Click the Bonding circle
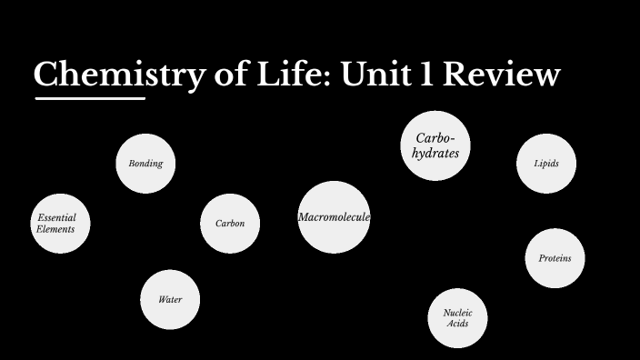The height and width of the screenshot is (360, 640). point(145,164)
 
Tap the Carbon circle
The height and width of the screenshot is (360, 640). point(230,224)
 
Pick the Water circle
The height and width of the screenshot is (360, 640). point(170,299)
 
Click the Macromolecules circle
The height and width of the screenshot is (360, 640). point(334,217)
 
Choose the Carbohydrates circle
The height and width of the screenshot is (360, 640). point(435,145)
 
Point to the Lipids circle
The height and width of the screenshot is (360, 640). point(546,164)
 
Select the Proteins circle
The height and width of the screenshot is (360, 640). point(555,258)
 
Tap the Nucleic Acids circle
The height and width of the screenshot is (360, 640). point(457,317)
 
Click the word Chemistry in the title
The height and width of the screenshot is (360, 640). point(118,75)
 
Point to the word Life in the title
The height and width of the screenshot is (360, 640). point(289,75)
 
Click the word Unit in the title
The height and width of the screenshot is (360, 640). point(374,75)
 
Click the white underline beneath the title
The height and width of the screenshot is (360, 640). point(90,98)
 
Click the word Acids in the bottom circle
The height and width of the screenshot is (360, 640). point(458,324)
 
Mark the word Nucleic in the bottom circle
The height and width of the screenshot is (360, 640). point(457,312)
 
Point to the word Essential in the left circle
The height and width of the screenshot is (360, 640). point(57,218)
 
